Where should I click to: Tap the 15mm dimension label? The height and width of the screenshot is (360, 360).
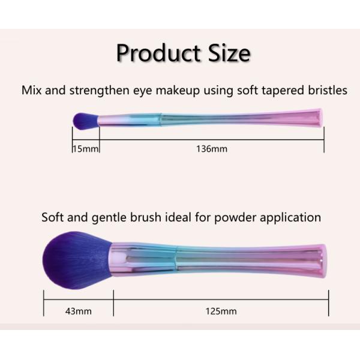click(85, 148)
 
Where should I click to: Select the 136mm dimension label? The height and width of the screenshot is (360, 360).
click(212, 148)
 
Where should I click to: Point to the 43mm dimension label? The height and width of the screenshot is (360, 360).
click(79, 311)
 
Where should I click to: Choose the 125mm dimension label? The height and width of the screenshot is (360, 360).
click(221, 311)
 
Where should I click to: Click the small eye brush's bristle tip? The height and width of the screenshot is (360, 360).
click(80, 120)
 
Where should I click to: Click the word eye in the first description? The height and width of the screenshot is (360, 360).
click(142, 91)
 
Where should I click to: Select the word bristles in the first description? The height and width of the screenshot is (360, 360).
click(325, 91)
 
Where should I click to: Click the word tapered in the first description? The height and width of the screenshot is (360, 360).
click(278, 91)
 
